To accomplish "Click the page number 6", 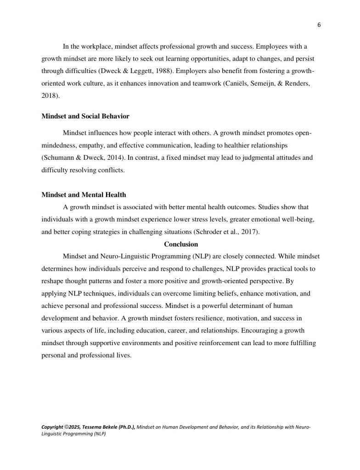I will click(x=318, y=25).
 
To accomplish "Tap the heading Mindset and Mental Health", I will click(x=84, y=194).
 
